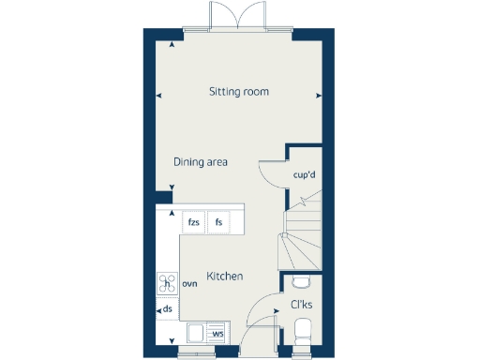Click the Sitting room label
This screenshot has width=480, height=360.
click(239, 92)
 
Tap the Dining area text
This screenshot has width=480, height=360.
click(201, 162)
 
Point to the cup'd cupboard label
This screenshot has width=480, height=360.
click(306, 174)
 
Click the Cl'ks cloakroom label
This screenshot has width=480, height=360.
click(302, 305)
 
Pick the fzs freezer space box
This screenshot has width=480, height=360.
click(193, 222)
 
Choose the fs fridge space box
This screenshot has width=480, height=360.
click(219, 222)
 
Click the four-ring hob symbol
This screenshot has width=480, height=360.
click(168, 283)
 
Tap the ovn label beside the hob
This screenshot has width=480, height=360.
click(189, 283)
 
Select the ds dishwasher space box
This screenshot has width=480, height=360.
click(168, 307)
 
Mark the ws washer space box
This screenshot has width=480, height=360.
click(217, 333)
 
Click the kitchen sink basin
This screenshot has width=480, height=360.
click(195, 333)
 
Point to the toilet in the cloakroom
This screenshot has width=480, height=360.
click(303, 331)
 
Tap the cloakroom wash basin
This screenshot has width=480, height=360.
click(302, 280)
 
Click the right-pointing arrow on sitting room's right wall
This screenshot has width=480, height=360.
click(321, 95)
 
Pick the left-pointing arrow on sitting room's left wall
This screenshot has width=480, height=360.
click(157, 95)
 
